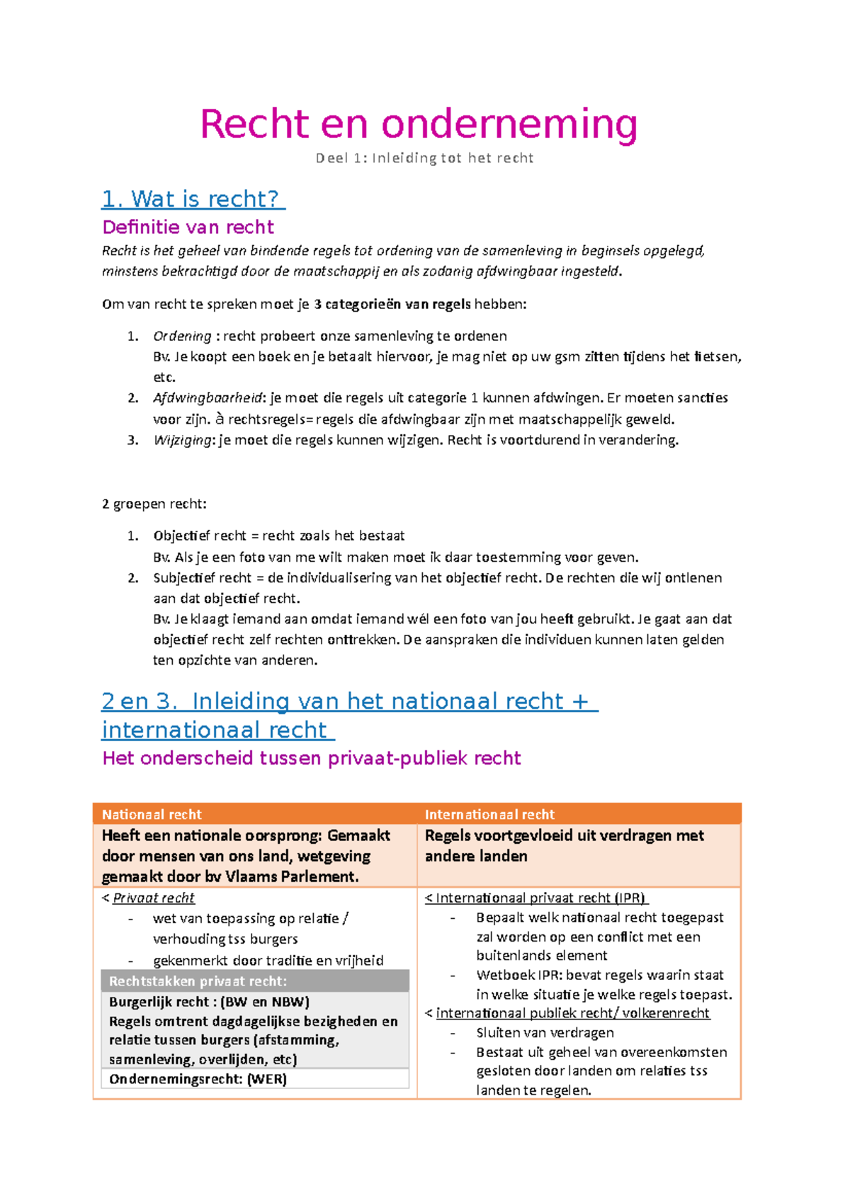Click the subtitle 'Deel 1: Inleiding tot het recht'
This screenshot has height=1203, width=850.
424,158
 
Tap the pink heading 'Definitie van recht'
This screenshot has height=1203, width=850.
188,227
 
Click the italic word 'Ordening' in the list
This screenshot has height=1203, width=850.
182,336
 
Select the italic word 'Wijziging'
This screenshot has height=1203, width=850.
182,440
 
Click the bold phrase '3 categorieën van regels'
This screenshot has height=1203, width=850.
392,305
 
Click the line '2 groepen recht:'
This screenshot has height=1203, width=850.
154,504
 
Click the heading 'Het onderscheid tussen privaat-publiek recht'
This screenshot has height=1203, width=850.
311,759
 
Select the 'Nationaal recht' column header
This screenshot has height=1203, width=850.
152,815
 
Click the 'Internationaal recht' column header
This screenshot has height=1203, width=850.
489,815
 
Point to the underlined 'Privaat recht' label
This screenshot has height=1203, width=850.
153,898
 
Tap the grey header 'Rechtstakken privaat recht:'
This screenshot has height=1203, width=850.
198,982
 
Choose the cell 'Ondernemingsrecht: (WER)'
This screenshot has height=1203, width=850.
198,1080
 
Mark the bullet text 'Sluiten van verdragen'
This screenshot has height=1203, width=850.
545,1033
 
